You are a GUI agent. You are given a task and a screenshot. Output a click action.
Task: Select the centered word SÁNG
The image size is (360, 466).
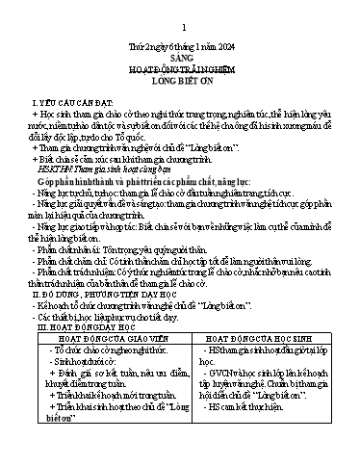[x=180, y=58]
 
